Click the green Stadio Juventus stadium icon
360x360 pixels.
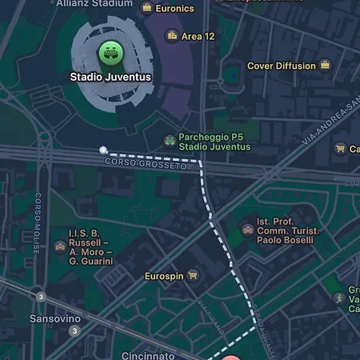point(110,53)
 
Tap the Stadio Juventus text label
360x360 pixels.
point(110,78)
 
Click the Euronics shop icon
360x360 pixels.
point(147,8)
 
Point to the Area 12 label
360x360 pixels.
point(198,37)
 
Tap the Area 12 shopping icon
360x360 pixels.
point(171,36)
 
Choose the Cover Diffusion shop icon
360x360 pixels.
point(325,66)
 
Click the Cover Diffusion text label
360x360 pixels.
point(281,66)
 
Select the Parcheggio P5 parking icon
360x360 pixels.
point(170,142)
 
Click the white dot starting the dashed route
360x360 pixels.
point(102,150)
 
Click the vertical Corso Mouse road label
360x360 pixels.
point(36,225)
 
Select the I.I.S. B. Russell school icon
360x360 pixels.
point(59,247)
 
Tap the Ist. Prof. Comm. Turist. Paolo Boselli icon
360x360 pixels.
point(248,231)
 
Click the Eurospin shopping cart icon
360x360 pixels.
point(193,276)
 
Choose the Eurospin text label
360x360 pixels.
point(164,276)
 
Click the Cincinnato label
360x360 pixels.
point(148,354)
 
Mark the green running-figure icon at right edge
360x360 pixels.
point(339,298)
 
